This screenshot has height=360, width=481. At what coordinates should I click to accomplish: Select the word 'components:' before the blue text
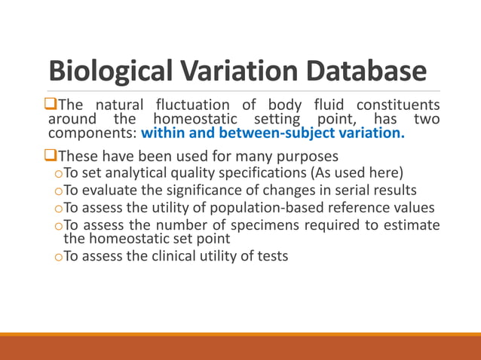click(92, 133)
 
